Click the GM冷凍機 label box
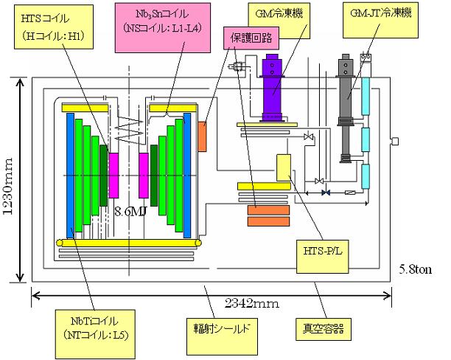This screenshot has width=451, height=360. pyautogui.click(x=286, y=14)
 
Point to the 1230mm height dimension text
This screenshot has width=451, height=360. pyautogui.click(x=10, y=180)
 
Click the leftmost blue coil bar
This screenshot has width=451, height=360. pyautogui.click(x=70, y=177)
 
